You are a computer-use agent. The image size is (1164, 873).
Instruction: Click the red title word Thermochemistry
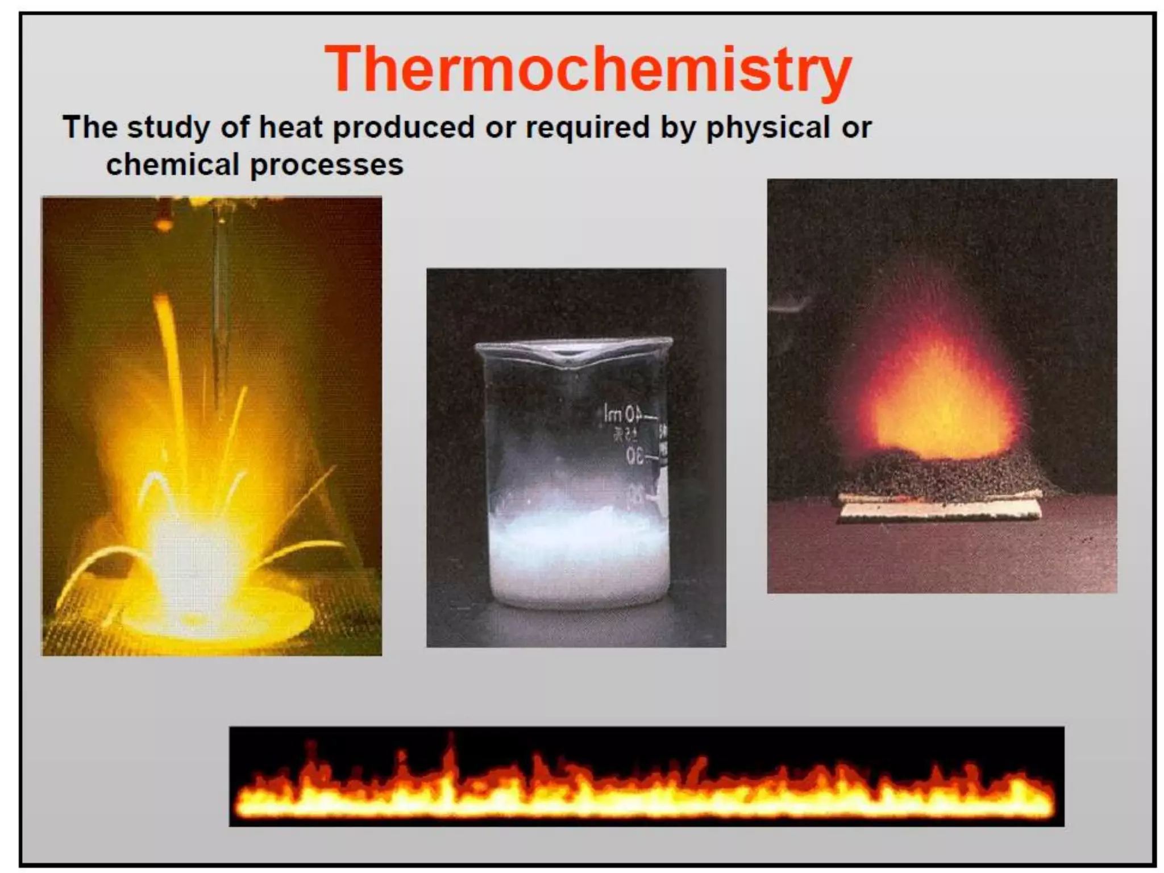click(x=588, y=69)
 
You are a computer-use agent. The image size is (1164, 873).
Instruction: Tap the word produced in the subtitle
click(x=404, y=127)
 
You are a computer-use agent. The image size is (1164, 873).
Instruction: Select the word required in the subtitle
click(x=588, y=127)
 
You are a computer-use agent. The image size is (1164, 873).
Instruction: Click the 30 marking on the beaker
click(x=635, y=455)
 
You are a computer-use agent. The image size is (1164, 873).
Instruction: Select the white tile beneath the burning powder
click(x=941, y=509)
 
